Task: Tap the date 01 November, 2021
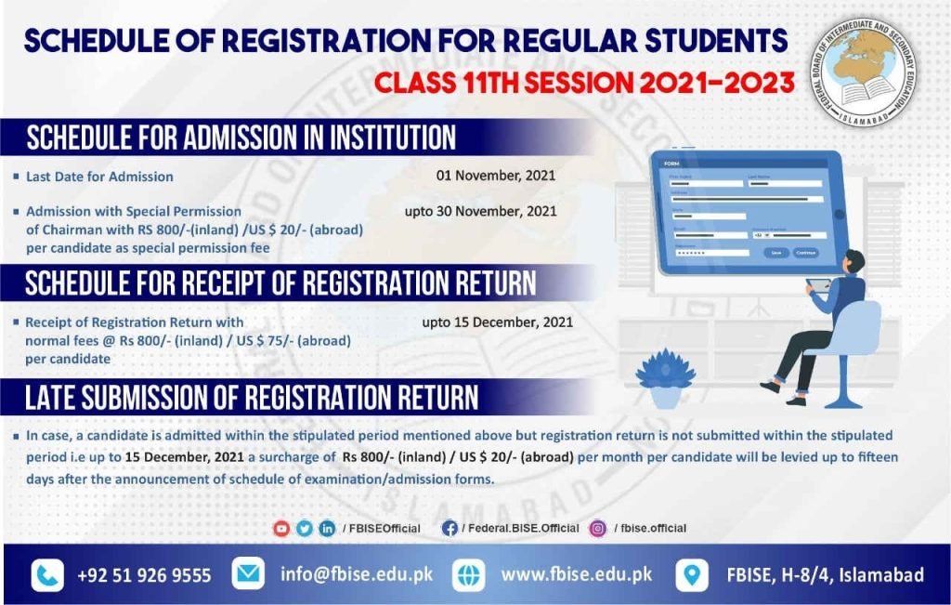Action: coord(496,175)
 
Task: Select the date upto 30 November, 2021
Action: coord(480,211)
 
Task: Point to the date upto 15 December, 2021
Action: coord(497,322)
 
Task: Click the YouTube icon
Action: coord(281,528)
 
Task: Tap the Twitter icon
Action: coord(305,528)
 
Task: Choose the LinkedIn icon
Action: coord(327,528)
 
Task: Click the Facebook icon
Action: coord(449,528)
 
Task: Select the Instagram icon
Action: coord(597,528)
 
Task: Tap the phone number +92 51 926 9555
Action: coord(144,575)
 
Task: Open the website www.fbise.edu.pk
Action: coord(577,574)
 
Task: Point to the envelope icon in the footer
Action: coord(248,574)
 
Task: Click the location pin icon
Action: coord(691,575)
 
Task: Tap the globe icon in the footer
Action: coord(469,575)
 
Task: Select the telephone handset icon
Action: coord(47,575)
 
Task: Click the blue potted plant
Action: coord(665,377)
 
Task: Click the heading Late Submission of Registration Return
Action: coord(252,398)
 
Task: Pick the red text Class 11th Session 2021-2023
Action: coord(584,83)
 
